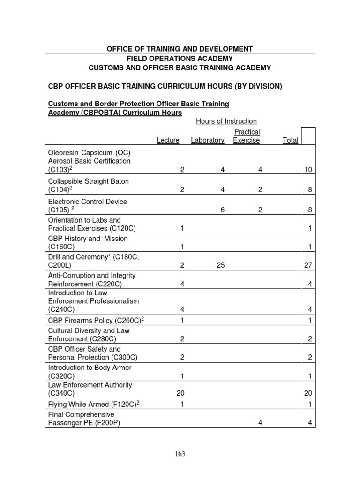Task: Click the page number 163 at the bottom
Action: coord(180,454)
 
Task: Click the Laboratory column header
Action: coord(208,140)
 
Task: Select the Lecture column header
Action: coord(168,140)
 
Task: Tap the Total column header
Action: coord(291,140)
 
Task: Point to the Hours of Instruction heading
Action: coord(226,121)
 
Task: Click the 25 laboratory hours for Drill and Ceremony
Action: coord(221,265)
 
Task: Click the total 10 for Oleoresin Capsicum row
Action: coord(308,170)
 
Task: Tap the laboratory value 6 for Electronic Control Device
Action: coord(223,210)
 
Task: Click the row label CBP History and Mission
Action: coord(88,239)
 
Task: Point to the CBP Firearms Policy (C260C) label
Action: coord(95,320)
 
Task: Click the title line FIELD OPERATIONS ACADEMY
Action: coord(180,59)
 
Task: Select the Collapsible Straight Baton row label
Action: coord(88,181)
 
